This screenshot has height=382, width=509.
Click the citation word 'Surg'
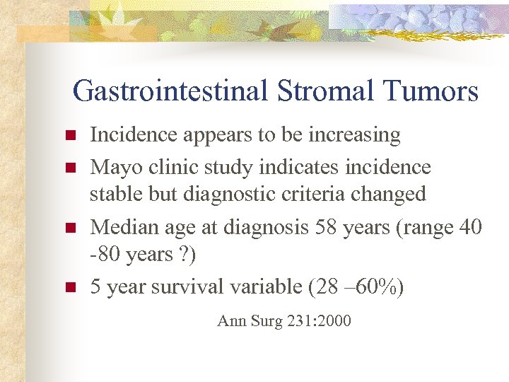[265, 321]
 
